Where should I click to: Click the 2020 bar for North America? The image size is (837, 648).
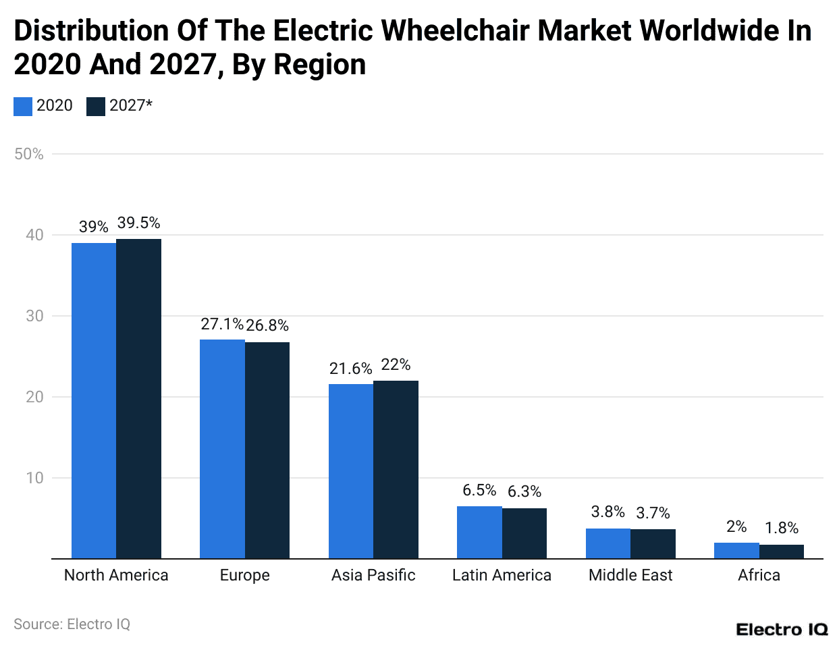94,401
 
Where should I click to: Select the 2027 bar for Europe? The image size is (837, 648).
267,450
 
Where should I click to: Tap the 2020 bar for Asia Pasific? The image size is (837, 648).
351,471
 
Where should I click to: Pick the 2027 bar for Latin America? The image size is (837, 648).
524,533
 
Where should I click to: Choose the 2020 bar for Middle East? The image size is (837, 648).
608,543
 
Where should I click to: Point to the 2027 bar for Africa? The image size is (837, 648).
782,551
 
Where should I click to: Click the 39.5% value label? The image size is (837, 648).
138,223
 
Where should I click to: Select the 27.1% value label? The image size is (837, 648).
221,324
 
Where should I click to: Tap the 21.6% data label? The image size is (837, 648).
350,369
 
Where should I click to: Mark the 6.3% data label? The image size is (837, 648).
524,491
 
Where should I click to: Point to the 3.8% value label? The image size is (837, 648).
607,512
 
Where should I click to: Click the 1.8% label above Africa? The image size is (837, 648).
782,528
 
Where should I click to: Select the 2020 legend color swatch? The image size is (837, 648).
23,107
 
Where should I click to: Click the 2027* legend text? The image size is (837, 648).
131,105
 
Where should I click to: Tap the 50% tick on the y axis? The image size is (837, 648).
29,154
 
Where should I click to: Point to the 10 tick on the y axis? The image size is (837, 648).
34,478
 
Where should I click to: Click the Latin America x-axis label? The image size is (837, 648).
502,575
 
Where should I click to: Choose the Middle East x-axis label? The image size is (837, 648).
630,575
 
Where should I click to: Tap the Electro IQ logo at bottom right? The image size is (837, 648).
782,629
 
